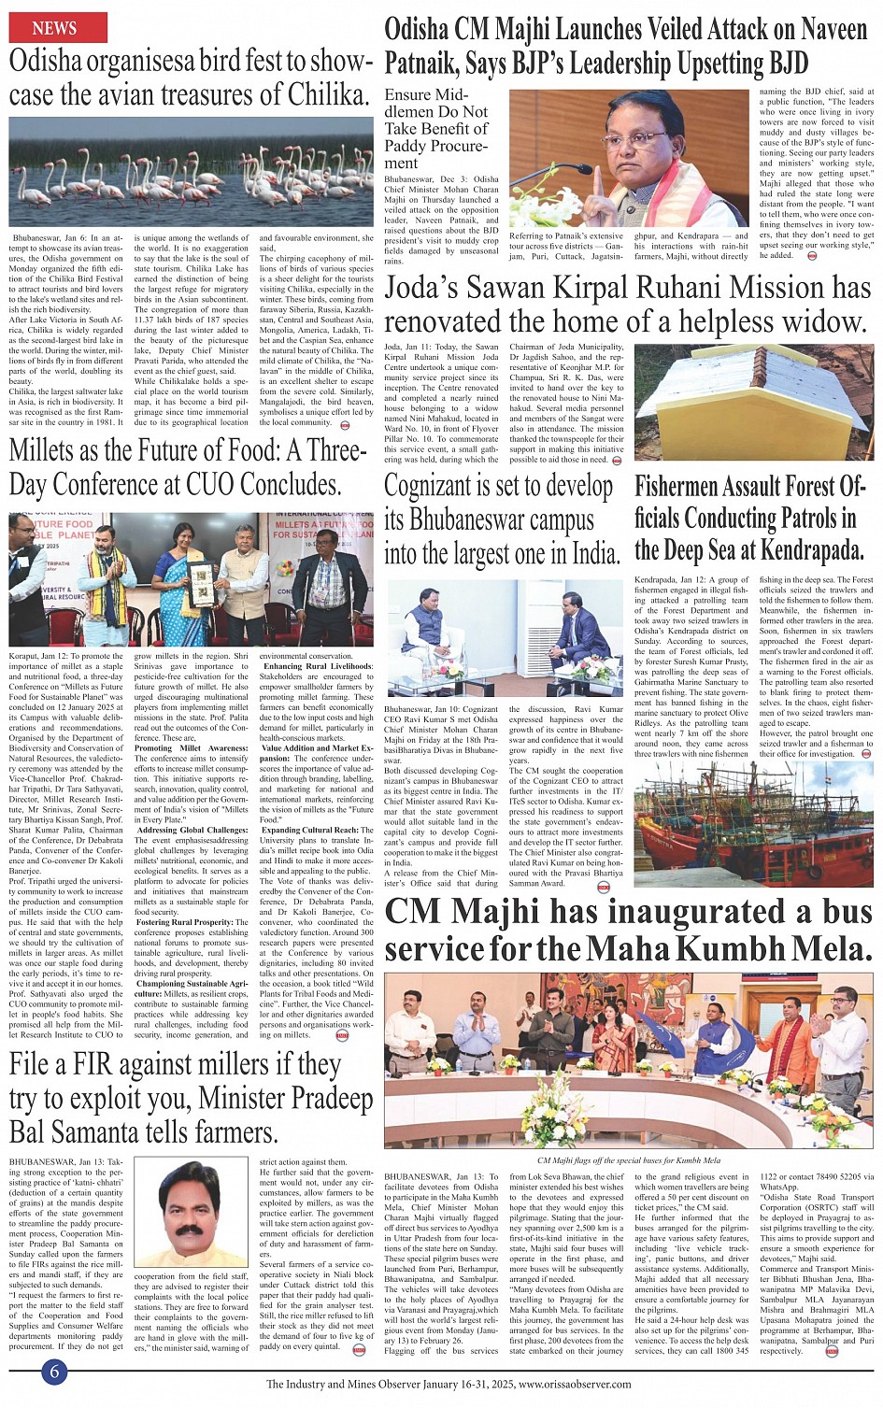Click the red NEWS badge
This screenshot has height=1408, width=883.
pos(57,28)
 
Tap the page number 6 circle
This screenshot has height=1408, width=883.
pos(55,1371)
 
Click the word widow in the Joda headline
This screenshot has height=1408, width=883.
pos(823,321)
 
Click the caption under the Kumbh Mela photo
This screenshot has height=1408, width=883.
pos(629,1160)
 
